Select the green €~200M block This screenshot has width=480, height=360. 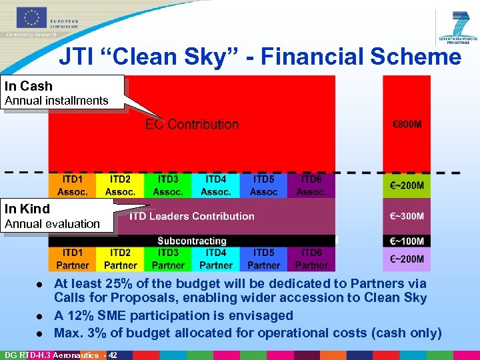[406, 185]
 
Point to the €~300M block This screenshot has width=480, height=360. [406, 217]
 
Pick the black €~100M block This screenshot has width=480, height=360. [406, 241]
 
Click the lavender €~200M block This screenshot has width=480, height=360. [406, 259]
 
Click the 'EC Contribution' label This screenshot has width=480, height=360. [192, 125]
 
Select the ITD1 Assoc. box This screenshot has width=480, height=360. [72, 185]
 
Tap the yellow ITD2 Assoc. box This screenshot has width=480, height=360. [120, 185]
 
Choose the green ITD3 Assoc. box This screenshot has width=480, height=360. [168, 185]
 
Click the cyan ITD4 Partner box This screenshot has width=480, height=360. [216, 259]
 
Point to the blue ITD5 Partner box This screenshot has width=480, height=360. [264, 259]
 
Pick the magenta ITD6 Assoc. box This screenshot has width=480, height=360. [311, 185]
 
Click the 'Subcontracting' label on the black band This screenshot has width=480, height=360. [192, 241]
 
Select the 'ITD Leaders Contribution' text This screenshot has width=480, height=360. [192, 216]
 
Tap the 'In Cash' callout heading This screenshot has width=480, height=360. [29, 86]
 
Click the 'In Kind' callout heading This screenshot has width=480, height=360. [27, 209]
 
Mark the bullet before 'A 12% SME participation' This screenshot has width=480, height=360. [42, 316]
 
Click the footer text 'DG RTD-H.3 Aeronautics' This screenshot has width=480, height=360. [45, 355]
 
